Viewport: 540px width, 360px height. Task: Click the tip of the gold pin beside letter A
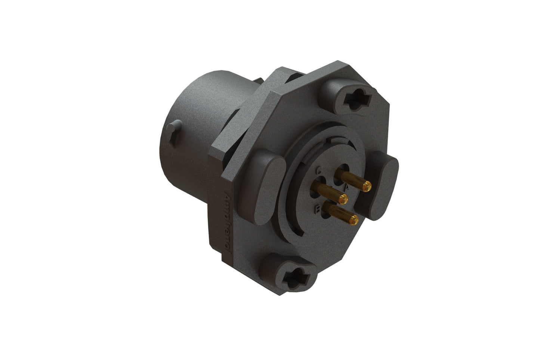(368, 184)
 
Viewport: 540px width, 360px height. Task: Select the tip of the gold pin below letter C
(343, 198)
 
